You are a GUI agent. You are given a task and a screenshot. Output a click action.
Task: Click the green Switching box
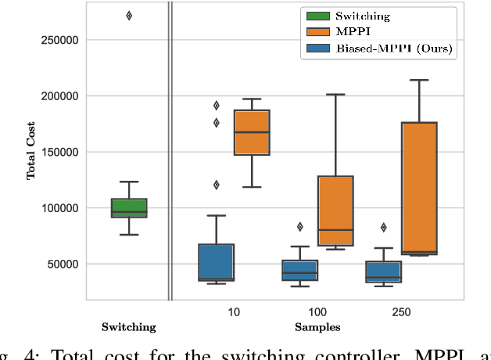pyautogui.click(x=129, y=207)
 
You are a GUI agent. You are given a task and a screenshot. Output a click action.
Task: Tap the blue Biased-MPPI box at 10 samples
pyautogui.click(x=216, y=261)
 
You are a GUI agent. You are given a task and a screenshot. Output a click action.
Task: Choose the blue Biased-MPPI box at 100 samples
pyautogui.click(x=300, y=270)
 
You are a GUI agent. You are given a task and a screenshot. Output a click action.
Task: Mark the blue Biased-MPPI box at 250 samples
pyautogui.click(x=384, y=272)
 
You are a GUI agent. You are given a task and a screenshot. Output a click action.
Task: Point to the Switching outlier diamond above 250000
pyautogui.click(x=129, y=16)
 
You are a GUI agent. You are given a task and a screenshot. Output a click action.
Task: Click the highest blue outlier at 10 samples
pyautogui.click(x=216, y=105)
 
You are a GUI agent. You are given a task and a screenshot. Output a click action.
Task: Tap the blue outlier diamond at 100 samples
pyautogui.click(x=299, y=227)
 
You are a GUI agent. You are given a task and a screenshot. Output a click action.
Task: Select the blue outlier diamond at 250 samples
pyautogui.click(x=384, y=228)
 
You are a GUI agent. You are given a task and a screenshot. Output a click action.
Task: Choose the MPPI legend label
pyautogui.click(x=351, y=32)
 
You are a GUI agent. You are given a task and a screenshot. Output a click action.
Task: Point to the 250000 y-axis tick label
pyautogui.click(x=59, y=40)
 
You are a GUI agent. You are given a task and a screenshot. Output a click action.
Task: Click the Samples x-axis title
pyautogui.click(x=317, y=327)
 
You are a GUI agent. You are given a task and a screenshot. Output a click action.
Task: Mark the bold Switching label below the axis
pyautogui.click(x=129, y=327)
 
